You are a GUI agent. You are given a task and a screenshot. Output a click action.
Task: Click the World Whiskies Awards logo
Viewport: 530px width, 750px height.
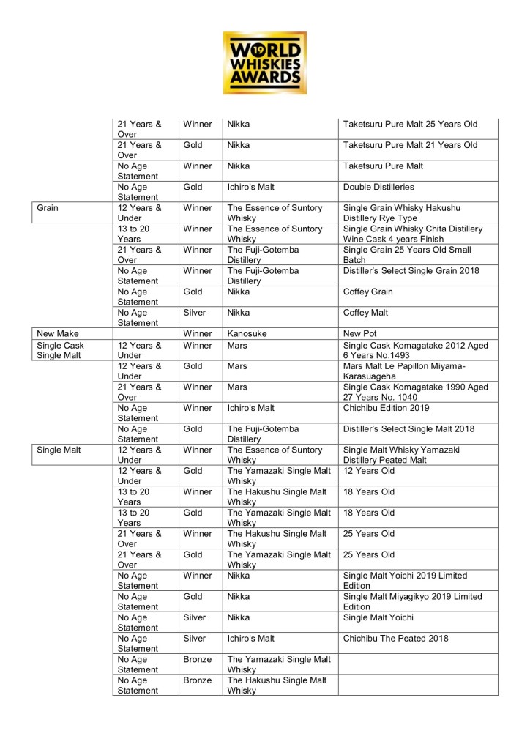(265, 62)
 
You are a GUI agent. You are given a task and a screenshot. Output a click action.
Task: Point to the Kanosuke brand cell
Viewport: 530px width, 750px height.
(247, 333)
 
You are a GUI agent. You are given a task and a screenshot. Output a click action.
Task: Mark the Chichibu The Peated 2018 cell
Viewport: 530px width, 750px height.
(396, 638)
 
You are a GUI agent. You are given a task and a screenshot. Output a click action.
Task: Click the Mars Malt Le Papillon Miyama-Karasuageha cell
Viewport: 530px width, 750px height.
(409, 371)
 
